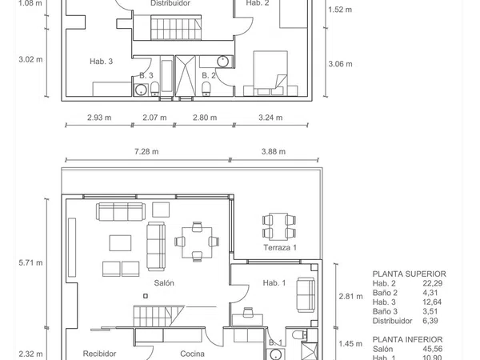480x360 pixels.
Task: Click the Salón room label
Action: click(164, 283)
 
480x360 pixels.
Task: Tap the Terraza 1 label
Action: click(280, 247)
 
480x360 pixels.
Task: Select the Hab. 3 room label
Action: click(102, 62)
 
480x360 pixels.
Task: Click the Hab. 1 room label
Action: click(274, 283)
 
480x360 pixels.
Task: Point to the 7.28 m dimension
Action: click(146, 151)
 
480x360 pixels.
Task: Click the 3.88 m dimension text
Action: click(274, 151)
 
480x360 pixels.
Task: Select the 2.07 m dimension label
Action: click(154, 118)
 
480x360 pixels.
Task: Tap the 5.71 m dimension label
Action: click(30, 262)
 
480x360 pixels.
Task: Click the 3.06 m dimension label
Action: click(341, 64)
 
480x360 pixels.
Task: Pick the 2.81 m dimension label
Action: click(351, 296)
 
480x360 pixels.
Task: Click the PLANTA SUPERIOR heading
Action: click(410, 274)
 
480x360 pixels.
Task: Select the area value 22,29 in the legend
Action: click(432, 283)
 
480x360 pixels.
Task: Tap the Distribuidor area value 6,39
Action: click(430, 321)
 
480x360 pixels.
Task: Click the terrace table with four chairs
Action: click(279, 226)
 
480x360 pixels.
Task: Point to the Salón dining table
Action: click(197, 242)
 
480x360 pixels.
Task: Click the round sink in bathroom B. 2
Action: click(223, 62)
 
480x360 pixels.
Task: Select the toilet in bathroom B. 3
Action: click(155, 89)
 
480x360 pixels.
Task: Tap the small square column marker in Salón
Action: click(146, 296)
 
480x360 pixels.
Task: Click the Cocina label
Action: click(192, 354)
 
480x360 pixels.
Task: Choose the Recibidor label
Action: click(99, 354)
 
